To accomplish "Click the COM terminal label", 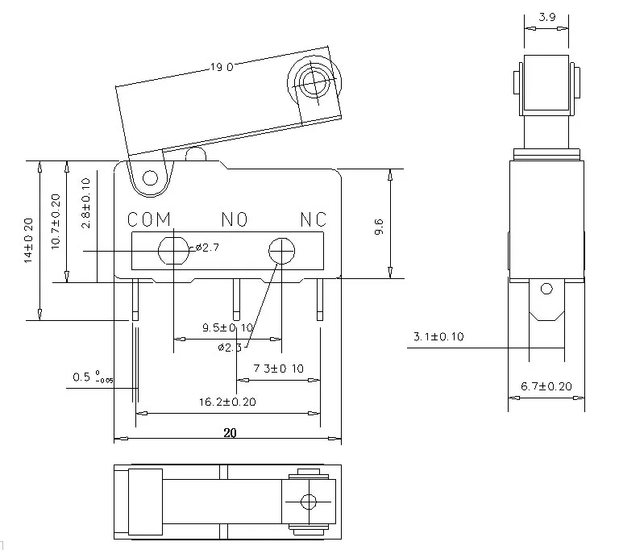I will coord(150,219).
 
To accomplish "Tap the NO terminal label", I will coord(234,219).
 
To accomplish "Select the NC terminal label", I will coord(314,219).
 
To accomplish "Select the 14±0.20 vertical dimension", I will coord(28,240).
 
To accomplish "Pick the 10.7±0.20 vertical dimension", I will coord(56,221).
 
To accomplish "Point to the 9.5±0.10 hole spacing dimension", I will coord(228,327).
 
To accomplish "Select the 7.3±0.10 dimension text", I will coord(277,368).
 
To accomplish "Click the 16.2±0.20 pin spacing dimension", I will coord(228,402).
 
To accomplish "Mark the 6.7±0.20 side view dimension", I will coord(546,386).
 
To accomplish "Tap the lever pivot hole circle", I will coord(149,178).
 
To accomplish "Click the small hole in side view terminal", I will coord(546,289).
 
